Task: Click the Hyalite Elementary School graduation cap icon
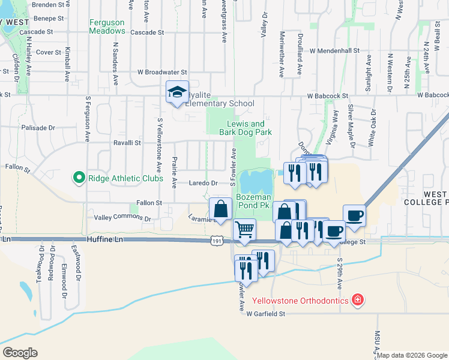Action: [x=177, y=92]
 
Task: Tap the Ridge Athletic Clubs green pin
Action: [x=78, y=178]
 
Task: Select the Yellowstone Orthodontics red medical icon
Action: [x=357, y=299]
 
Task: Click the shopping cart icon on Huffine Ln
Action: [x=244, y=230]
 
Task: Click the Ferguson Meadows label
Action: [x=107, y=27]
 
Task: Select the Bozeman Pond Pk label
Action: [x=254, y=201]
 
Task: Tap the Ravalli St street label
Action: [x=127, y=143]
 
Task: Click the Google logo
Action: [x=19, y=353]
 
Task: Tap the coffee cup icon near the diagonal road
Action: [x=354, y=215]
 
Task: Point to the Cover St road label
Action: [x=48, y=52]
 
